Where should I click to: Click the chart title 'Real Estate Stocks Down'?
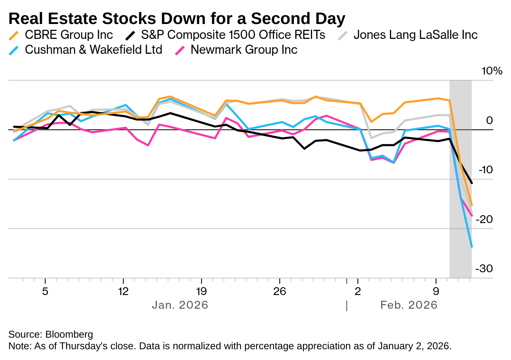pyautogui.click(x=177, y=19)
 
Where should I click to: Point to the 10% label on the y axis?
pyautogui.click(x=492, y=71)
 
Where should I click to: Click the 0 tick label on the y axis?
pyautogui.click(x=490, y=120)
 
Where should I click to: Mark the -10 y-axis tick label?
pyautogui.click(x=484, y=170)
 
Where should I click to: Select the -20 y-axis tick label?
pyautogui.click(x=484, y=219)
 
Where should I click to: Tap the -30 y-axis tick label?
pyautogui.click(x=484, y=269)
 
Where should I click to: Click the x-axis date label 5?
pyautogui.click(x=45, y=291)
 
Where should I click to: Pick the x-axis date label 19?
pyautogui.click(x=201, y=291)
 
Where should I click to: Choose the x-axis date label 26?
pyautogui.click(x=279, y=291)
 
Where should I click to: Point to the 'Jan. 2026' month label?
pyautogui.click(x=180, y=305)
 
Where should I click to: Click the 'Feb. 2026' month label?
pyautogui.click(x=408, y=305)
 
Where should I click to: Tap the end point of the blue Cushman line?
pyautogui.click(x=472, y=247)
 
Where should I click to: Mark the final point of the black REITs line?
pyautogui.click(x=472, y=183)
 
